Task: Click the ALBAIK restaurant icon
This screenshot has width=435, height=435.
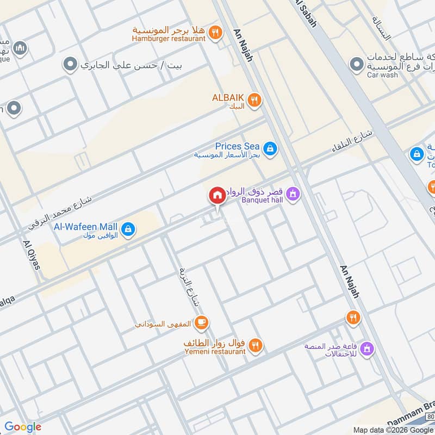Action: coord(253,100)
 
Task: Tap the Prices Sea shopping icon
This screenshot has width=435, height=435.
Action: coord(269,147)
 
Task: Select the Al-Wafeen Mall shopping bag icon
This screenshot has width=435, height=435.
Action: coord(128,229)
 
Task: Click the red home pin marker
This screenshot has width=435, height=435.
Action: coord(217,195)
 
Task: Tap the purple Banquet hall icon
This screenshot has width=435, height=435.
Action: coord(293,194)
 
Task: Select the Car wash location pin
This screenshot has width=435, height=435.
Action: coord(357,66)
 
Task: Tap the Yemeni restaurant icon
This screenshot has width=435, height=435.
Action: coord(255,345)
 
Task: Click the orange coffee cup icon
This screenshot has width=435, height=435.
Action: coord(201,322)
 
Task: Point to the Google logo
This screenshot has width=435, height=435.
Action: coord(23,427)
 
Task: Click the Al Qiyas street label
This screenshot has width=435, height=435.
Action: coord(32,254)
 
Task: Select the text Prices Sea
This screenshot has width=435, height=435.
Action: coord(237,146)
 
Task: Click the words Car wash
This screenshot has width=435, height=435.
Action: coord(382,74)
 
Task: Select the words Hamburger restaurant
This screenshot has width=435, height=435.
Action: coord(169,38)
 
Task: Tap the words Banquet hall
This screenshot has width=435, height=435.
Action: coord(263,199)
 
